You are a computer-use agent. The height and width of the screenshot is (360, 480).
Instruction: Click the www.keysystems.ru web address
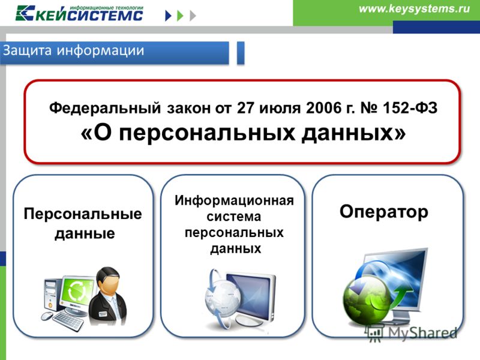(x=414, y=9)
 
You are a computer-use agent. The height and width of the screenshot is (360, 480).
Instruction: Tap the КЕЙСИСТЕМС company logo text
(x=89, y=16)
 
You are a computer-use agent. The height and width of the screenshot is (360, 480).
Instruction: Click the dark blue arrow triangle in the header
(x=168, y=16)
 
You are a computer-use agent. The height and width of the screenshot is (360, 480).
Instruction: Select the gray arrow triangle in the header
(x=193, y=16)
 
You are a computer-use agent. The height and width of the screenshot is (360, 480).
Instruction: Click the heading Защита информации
(x=73, y=51)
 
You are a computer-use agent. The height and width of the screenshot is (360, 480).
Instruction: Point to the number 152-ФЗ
(x=410, y=108)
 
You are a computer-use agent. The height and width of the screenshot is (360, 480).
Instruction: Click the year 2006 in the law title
(x=324, y=108)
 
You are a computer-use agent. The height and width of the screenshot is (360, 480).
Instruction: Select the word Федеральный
(x=105, y=109)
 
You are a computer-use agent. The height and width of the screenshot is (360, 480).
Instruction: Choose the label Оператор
(x=384, y=212)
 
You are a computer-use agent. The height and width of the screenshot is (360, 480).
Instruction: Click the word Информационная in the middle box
(x=234, y=201)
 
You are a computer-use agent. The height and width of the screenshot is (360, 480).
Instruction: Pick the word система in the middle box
(x=234, y=217)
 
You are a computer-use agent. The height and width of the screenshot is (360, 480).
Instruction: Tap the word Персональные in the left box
(x=83, y=214)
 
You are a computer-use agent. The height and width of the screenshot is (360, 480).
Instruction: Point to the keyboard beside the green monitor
(x=68, y=322)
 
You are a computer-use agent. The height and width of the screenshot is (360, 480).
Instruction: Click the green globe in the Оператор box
(x=367, y=300)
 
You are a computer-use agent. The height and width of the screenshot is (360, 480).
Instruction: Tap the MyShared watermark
(x=412, y=334)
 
